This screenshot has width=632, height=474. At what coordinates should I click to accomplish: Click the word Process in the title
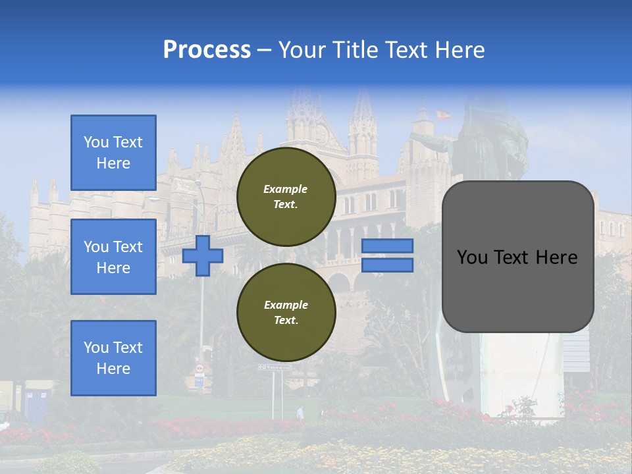coord(207,49)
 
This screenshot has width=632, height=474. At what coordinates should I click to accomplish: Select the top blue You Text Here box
coord(113,153)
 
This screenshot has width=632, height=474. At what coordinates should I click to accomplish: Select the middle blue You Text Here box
coord(113,257)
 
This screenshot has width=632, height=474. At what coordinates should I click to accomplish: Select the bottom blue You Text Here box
coord(113,357)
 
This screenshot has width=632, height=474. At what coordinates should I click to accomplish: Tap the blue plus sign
coord(203,256)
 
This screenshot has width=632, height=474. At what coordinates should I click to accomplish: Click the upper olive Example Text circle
coord(286,196)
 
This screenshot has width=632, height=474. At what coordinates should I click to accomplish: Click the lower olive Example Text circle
coord(286,312)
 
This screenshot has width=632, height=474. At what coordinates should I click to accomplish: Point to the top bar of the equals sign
coord(387,246)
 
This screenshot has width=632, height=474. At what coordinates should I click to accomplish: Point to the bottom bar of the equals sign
coord(387,265)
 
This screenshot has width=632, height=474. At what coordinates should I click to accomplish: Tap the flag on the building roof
coord(443,115)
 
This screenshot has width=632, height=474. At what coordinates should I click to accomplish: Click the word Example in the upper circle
coord(286,189)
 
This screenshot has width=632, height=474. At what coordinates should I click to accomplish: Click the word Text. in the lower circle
coord(286,320)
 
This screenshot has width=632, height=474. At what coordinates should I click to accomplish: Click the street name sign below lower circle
coord(274,367)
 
